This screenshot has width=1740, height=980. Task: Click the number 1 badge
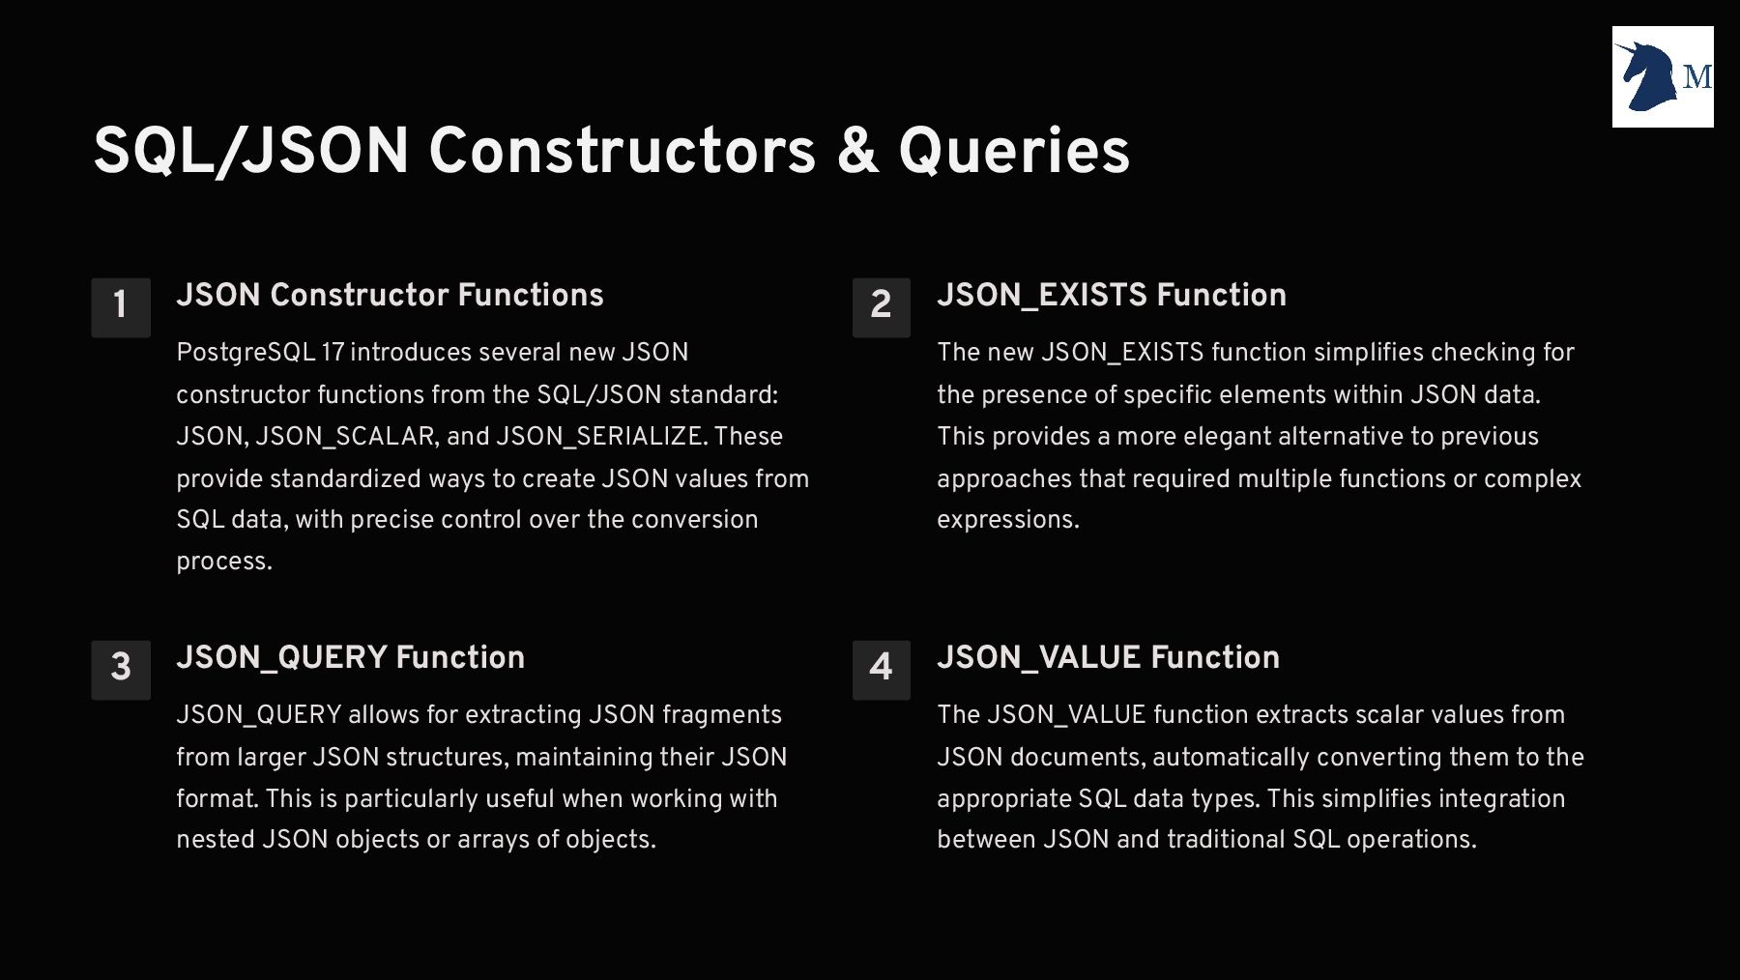tap(121, 307)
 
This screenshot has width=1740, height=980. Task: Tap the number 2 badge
tap(882, 307)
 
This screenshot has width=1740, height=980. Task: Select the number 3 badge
tap(121, 670)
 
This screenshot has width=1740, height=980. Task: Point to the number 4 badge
tap(882, 670)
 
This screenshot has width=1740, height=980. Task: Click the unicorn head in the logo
tap(1647, 75)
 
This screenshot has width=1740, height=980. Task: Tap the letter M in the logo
tap(1697, 76)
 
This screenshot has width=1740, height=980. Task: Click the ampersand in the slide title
tap(858, 151)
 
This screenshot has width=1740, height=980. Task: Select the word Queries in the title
tap(1014, 152)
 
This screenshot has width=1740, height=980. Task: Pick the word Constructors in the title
tap(623, 151)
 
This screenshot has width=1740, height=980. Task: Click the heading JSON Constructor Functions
tap(390, 295)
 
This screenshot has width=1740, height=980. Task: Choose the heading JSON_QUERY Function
tap(351, 658)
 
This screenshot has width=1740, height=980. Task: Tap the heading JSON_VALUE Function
tap(1109, 658)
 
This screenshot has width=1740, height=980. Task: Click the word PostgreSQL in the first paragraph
tap(246, 353)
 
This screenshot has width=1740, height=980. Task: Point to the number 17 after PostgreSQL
tap(333, 353)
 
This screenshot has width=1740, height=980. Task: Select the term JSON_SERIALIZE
tap(599, 437)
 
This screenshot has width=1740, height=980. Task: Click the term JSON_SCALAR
tap(345, 437)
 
